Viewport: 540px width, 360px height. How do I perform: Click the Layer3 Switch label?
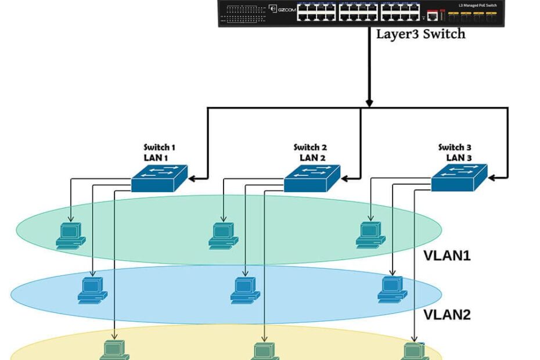420,34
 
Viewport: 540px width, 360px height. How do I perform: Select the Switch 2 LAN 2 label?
310,152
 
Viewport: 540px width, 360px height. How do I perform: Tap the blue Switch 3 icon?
459,177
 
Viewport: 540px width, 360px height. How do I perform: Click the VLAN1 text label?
447,255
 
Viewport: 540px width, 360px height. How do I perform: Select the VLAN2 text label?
447,315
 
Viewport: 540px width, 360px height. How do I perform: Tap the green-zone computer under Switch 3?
370,235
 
